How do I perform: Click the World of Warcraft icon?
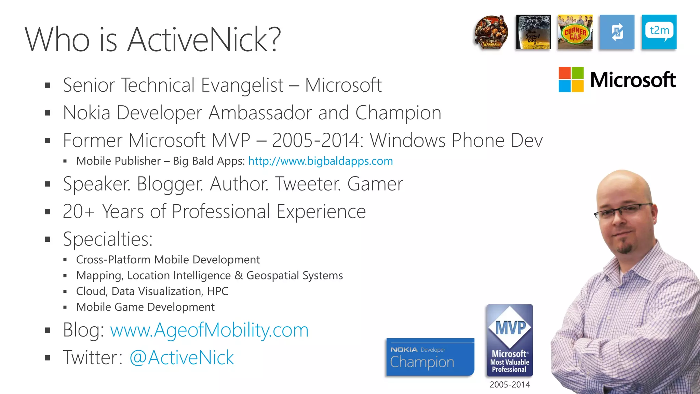tap(491, 32)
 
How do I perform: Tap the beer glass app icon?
tap(533, 32)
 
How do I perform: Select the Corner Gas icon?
tap(575, 32)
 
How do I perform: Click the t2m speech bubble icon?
tap(659, 32)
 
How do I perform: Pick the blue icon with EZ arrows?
tap(617, 32)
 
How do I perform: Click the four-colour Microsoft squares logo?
tap(571, 79)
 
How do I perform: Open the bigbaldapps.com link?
tap(320, 161)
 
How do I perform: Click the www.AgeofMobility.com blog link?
tap(209, 330)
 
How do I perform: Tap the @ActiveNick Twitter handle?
tap(181, 358)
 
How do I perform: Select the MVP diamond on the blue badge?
tap(510, 327)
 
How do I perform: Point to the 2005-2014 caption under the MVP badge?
tap(510, 384)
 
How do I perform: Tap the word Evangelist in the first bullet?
tap(242, 85)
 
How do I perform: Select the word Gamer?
tap(375, 184)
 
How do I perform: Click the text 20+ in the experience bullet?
tap(78, 211)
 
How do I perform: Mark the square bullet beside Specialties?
tap(48, 239)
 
